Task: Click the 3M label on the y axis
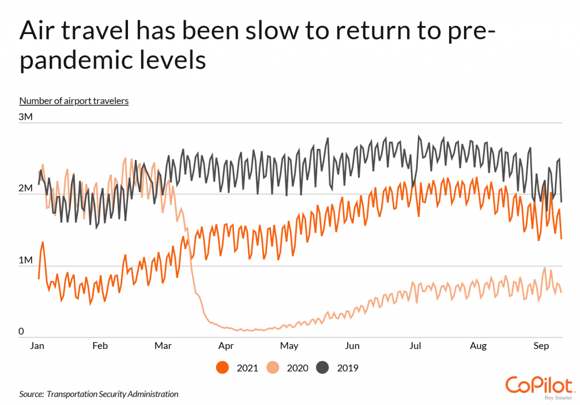27,117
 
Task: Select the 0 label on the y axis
22,331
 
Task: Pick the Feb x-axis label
100,346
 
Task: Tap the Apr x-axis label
226,346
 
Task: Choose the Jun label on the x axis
352,346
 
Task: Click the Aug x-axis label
479,346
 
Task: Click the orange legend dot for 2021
223,368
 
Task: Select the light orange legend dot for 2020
274,368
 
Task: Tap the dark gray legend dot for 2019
323,368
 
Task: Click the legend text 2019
347,368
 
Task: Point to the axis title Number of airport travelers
74,101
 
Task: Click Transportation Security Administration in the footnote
113,394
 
